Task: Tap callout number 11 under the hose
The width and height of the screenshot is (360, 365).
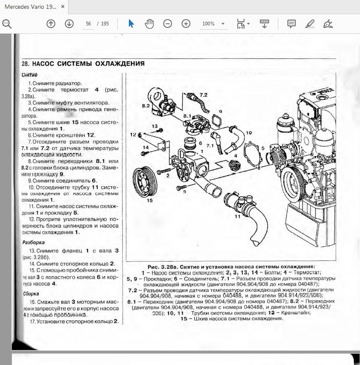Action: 237,216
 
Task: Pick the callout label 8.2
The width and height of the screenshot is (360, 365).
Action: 146,106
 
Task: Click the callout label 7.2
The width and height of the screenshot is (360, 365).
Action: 203,95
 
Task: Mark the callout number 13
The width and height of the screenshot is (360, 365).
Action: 154,125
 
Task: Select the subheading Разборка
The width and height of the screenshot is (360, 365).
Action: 33,242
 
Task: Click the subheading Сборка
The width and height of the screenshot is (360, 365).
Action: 31,293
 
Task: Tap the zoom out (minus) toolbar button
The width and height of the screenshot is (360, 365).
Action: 168,24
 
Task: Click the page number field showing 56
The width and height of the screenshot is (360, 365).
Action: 88,24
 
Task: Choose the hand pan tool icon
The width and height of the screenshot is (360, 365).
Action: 149,24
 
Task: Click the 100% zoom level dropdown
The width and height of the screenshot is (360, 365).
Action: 213,24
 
